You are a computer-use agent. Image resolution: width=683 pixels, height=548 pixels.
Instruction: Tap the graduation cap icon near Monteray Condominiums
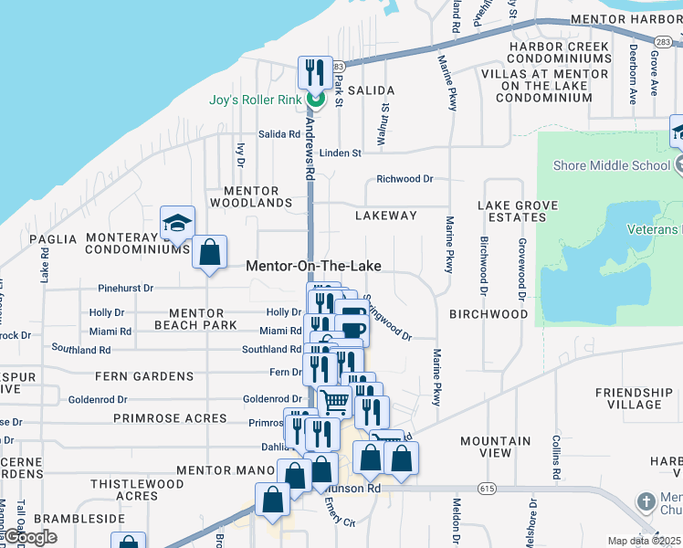178,223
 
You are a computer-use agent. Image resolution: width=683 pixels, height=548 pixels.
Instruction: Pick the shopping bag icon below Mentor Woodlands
210,251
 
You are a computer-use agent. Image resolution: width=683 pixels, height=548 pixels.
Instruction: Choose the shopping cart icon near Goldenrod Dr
335,399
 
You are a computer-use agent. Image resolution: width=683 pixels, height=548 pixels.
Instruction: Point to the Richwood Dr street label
405,180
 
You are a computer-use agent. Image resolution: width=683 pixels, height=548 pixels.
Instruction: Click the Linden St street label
341,153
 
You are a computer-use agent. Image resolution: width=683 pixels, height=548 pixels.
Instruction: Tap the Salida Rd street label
279,134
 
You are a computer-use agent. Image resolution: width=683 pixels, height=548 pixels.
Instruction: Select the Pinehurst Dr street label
127,288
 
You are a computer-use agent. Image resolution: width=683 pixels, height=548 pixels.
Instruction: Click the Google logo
29,537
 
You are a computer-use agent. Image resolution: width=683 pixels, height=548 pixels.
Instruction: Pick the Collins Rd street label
555,457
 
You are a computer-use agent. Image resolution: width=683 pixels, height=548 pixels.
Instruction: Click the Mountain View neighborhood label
496,447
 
